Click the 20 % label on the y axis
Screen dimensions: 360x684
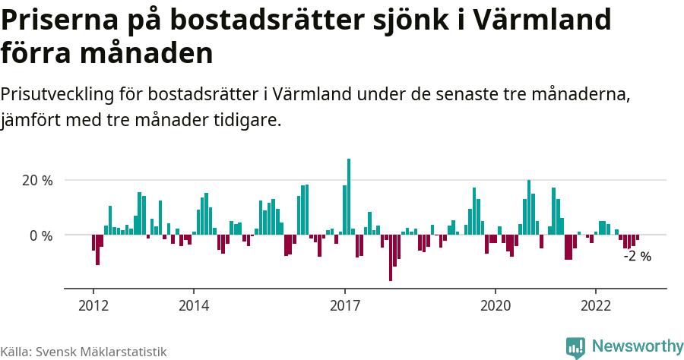pos(37,181)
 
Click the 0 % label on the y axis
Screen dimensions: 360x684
pos(41,235)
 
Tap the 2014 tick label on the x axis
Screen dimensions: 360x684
pos(194,305)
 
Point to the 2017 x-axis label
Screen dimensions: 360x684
pos(345,305)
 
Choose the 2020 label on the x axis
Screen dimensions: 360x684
pos(496,305)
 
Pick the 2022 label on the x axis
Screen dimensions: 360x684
pos(596,305)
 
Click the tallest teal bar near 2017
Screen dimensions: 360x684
pos(349,197)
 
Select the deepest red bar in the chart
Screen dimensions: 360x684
pos(391,258)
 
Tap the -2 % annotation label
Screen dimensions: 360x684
pos(637,256)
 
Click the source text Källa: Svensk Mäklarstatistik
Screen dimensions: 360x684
pos(84,352)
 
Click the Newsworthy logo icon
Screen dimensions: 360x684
pos(575,347)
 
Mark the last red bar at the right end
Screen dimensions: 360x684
pos(638,238)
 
